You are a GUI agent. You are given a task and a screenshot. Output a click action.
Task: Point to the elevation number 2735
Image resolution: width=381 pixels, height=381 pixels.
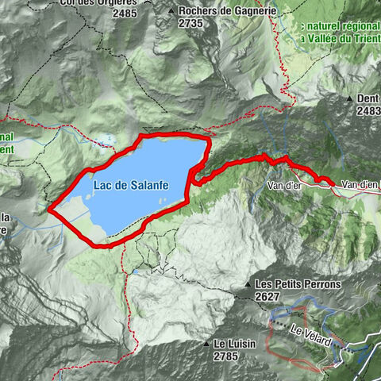click(x=191, y=23)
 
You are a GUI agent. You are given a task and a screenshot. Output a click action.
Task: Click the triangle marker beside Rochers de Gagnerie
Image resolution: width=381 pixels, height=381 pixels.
click(x=171, y=11)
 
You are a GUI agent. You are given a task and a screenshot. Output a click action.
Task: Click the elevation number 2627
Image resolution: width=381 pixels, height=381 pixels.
click(x=269, y=295)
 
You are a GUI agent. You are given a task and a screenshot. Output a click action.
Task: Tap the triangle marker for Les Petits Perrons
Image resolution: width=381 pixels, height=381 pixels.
click(x=248, y=283)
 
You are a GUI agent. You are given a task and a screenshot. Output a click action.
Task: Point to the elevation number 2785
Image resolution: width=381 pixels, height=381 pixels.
click(x=225, y=356)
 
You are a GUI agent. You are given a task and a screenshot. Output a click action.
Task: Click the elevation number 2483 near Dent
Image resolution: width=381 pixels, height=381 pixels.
click(x=368, y=111)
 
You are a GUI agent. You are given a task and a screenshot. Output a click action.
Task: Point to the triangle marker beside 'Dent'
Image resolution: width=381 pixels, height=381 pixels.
click(x=349, y=99)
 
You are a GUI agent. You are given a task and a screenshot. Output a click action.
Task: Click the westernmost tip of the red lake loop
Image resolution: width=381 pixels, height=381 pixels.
click(x=50, y=210)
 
